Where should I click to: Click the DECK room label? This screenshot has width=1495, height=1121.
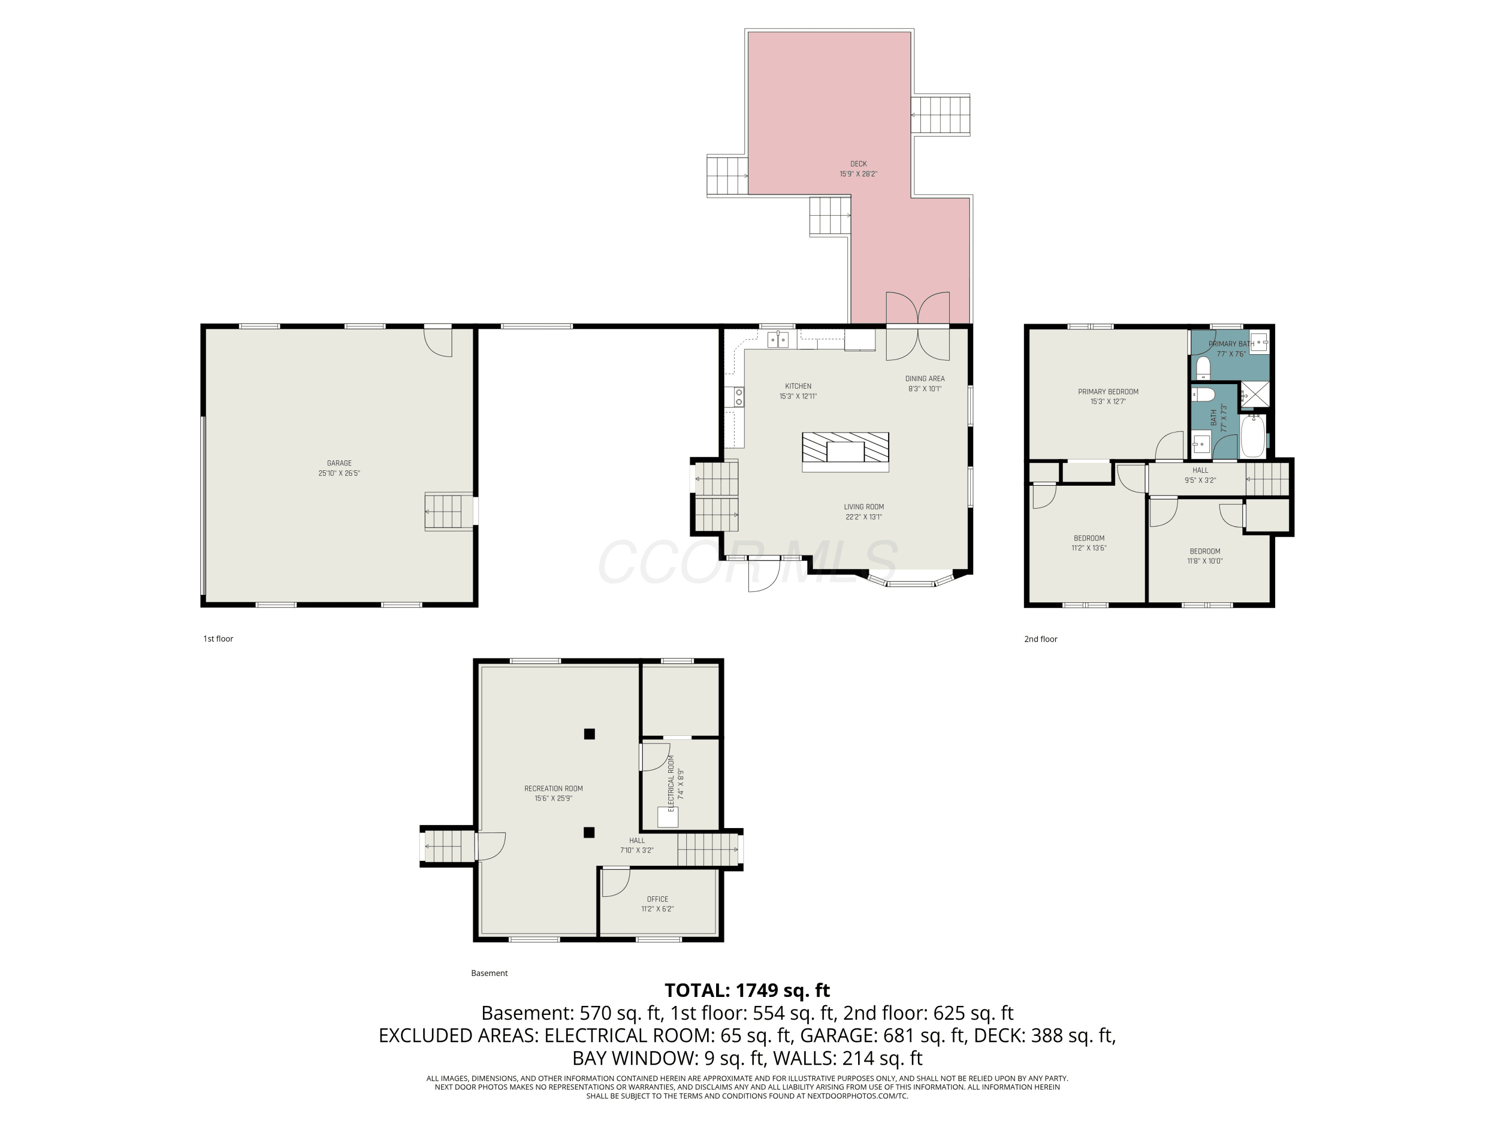pos(858,163)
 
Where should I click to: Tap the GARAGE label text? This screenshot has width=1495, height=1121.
pos(339,463)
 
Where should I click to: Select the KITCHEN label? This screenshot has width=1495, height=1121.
pos(798,386)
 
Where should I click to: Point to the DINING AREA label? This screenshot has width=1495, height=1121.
pos(924,378)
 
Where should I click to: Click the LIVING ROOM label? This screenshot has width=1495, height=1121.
pos(864,507)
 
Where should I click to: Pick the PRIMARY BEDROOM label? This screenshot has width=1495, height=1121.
pos(1108,391)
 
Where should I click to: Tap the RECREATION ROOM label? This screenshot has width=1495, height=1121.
pos(554,788)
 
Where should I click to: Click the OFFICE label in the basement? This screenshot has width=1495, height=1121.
pos(658,899)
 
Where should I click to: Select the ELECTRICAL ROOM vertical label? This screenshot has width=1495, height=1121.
pos(671,783)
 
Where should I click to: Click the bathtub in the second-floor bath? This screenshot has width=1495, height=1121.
pos(1252,436)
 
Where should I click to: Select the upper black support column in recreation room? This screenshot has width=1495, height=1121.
pos(590,734)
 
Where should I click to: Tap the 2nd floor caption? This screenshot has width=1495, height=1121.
pos(1041,639)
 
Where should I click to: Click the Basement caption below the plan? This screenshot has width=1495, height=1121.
pos(489,973)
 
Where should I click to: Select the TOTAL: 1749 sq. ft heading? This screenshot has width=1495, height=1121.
pos(747,990)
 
